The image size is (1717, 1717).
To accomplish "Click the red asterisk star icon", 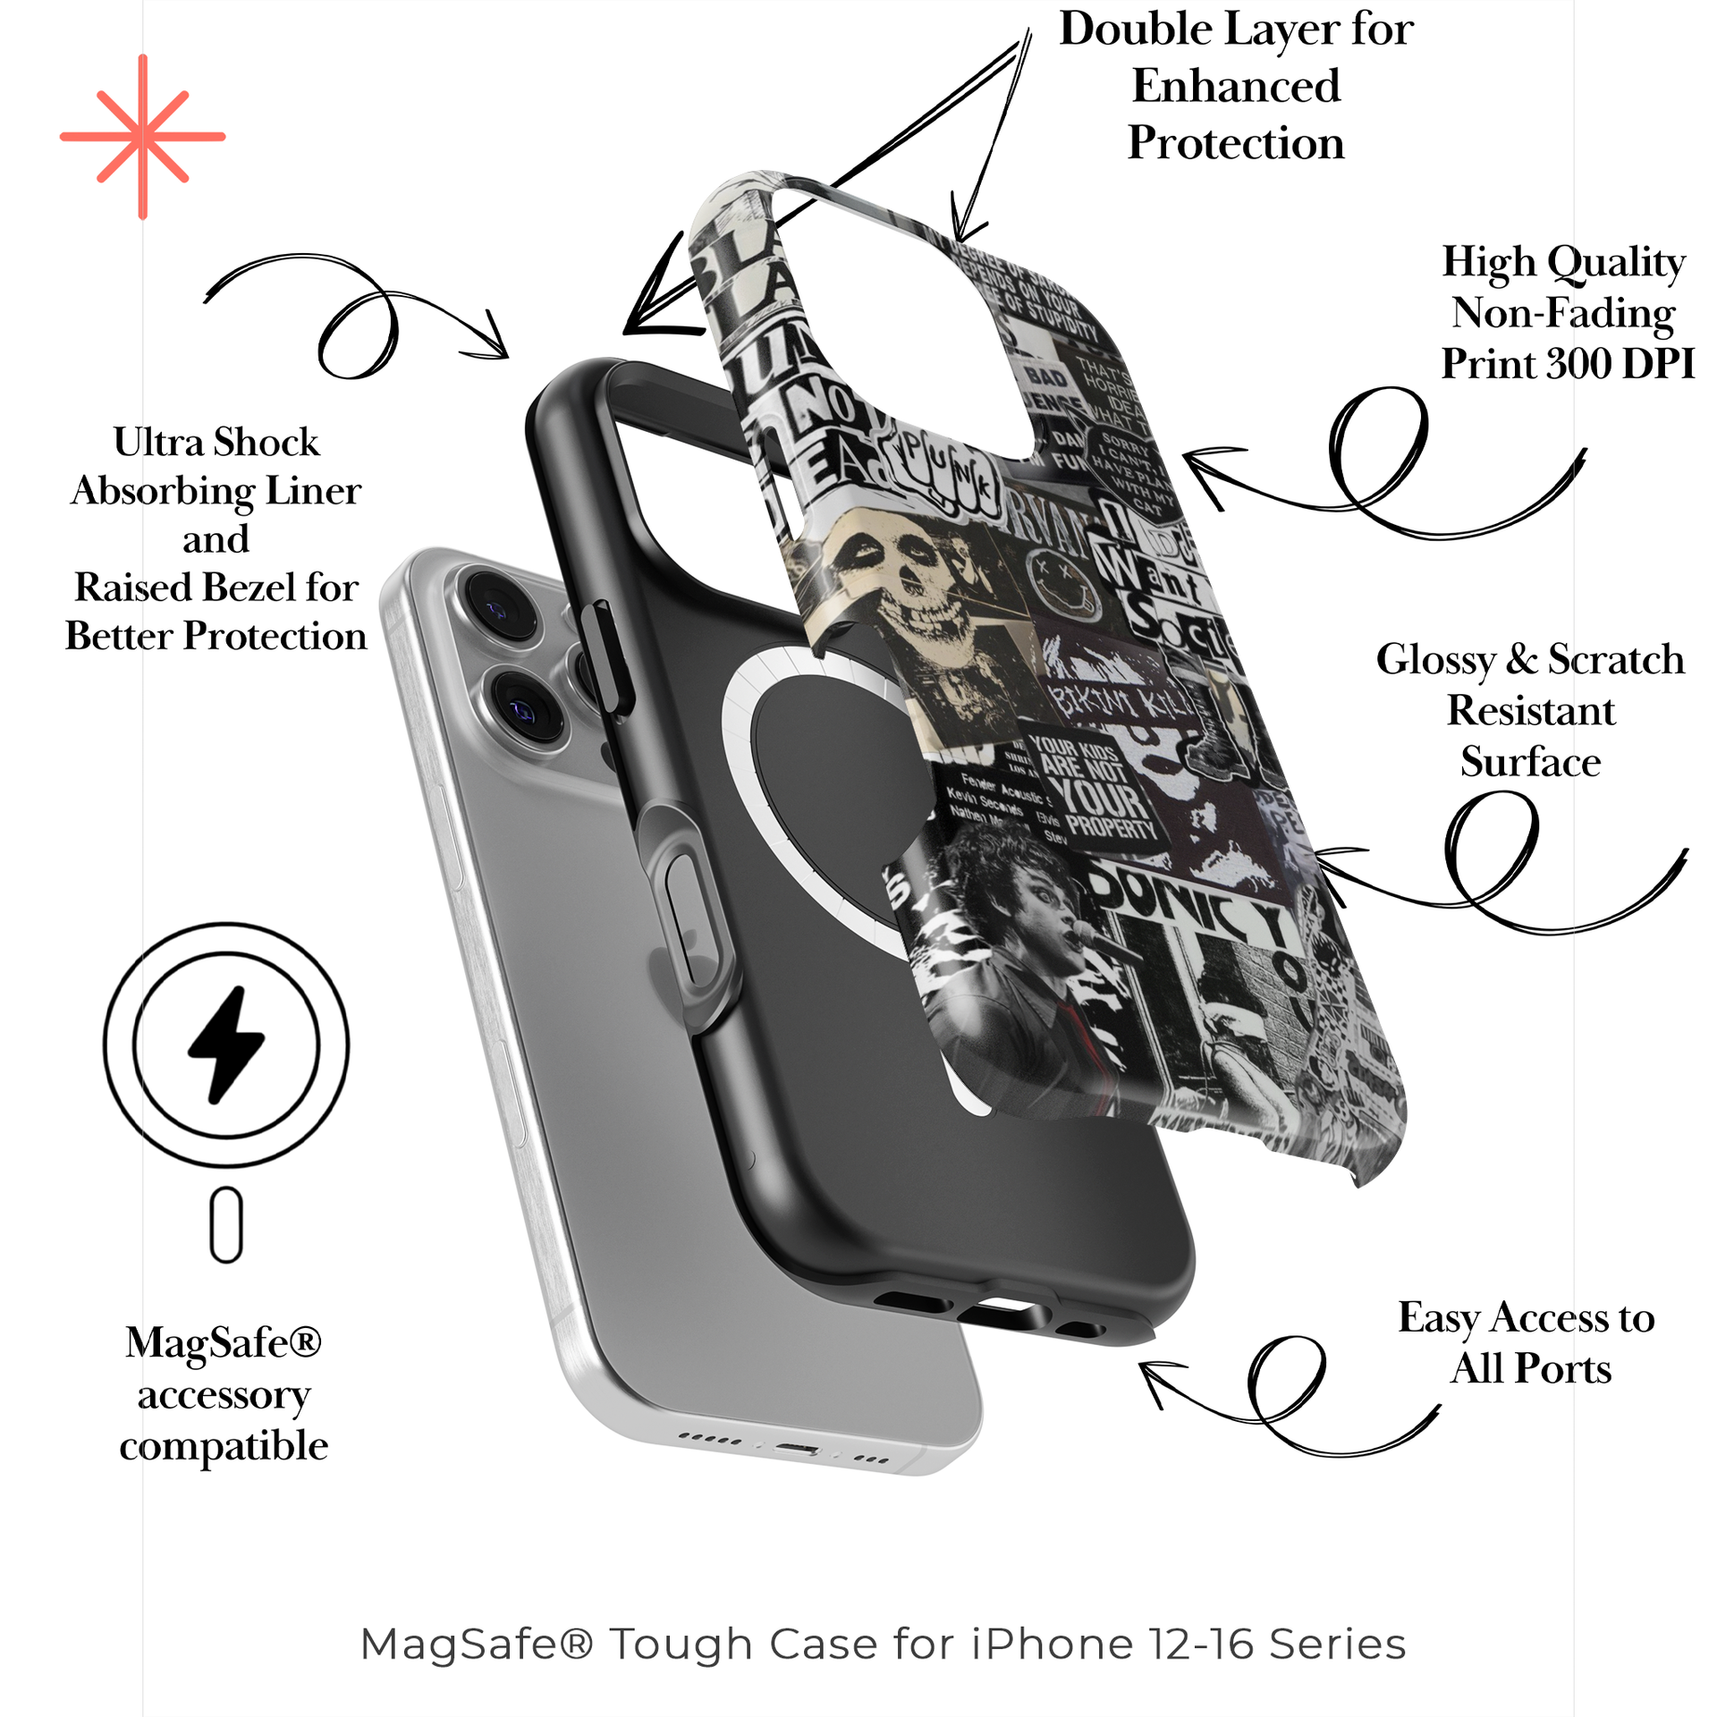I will point(142,137).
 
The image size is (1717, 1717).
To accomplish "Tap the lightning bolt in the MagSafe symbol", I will point(225,1044).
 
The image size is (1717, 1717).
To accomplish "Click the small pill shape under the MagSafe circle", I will point(226,1224).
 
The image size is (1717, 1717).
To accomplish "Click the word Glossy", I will point(1434,661).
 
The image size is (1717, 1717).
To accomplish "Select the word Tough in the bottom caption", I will point(681,1644).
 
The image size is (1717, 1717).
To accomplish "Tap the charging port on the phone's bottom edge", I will point(797,1447).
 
